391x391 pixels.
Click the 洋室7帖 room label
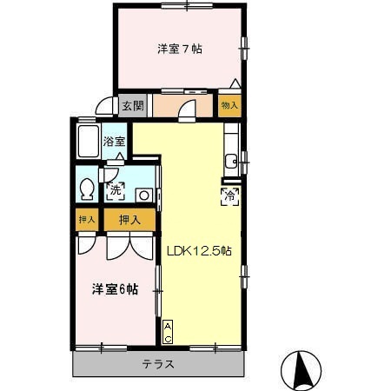[180, 50]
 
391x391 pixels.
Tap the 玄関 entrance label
[132, 106]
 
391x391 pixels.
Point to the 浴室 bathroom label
[115, 141]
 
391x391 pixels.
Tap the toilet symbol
[88, 189]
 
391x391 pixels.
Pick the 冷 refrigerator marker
[230, 196]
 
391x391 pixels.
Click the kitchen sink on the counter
[232, 160]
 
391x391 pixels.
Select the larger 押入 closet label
[129, 221]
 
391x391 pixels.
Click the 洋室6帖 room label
[115, 289]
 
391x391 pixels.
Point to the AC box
[168, 331]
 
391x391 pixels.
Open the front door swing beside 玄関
[104, 108]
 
